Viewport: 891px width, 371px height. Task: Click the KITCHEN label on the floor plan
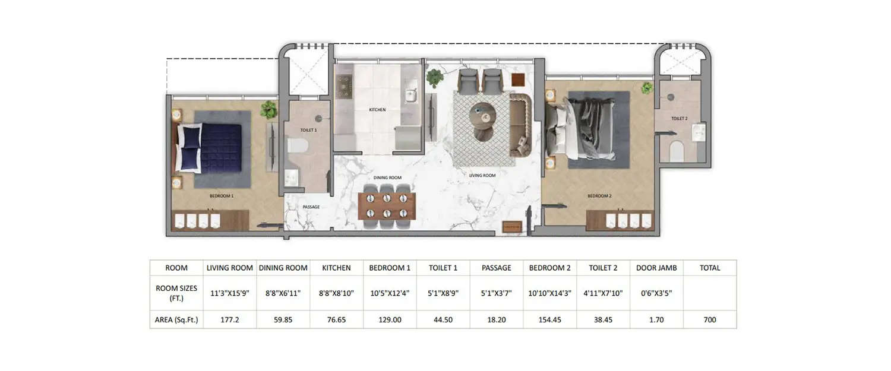pyautogui.click(x=377, y=110)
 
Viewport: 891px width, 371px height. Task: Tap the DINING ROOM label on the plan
pyautogui.click(x=387, y=177)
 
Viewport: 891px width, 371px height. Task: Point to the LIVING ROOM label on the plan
pyautogui.click(x=482, y=175)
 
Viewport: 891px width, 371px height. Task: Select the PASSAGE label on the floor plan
pyautogui.click(x=311, y=207)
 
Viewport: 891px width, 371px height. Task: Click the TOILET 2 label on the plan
pyautogui.click(x=679, y=119)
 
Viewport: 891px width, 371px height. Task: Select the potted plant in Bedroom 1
pyautogui.click(x=268, y=110)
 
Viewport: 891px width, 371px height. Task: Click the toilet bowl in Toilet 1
pyautogui.click(x=296, y=146)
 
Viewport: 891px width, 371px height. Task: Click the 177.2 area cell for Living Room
pyautogui.click(x=229, y=319)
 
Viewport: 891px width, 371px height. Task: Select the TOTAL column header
pyautogui.click(x=709, y=268)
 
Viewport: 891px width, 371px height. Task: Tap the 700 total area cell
pyautogui.click(x=709, y=319)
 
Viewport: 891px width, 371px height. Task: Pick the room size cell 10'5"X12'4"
pyautogui.click(x=390, y=293)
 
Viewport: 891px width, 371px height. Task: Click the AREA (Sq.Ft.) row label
pyautogui.click(x=176, y=319)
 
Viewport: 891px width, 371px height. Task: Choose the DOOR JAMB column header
pyautogui.click(x=656, y=268)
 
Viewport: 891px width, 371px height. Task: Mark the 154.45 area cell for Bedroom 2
pyautogui.click(x=549, y=319)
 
